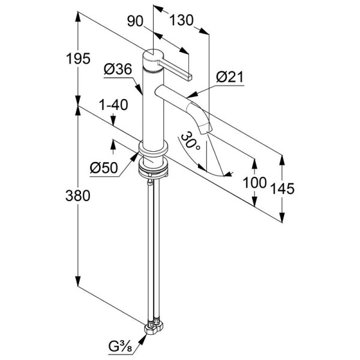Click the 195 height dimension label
tap(78, 59)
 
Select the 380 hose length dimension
tap(78, 196)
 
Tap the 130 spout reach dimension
tap(181, 20)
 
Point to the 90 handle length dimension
tap(135, 22)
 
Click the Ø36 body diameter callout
tap(118, 69)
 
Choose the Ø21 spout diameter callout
tap(230, 77)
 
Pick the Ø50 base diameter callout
tap(104, 167)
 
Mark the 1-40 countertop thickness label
tap(113, 105)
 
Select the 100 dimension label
tap(254, 182)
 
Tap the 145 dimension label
tap(283, 189)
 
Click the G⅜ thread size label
tap(121, 347)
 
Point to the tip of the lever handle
tap(190, 77)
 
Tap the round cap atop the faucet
tap(152, 55)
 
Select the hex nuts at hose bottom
tap(154, 328)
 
